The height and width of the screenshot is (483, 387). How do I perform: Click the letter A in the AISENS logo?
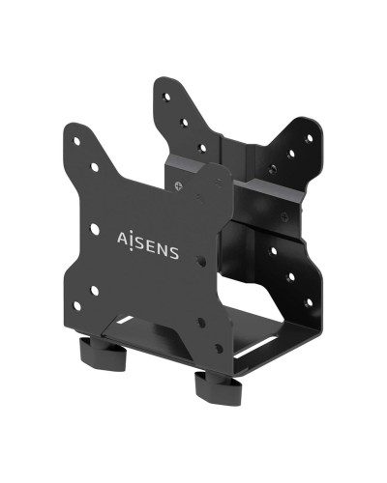click(123, 237)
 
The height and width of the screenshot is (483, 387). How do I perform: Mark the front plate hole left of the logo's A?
click(94, 229)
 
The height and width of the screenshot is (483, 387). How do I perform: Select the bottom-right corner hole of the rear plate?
click(309, 297)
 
